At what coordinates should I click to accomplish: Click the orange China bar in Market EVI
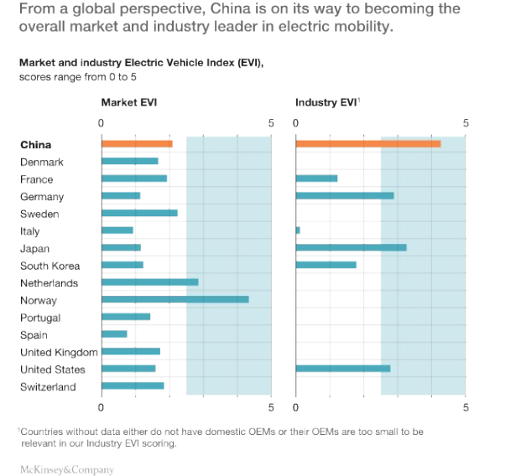click(x=137, y=144)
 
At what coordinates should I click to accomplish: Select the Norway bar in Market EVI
click(x=175, y=299)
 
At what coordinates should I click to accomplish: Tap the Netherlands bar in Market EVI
click(x=149, y=282)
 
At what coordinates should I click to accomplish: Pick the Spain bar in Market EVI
click(x=114, y=334)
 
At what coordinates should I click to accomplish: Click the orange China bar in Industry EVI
click(x=367, y=144)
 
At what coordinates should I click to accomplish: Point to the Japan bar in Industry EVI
click(x=351, y=247)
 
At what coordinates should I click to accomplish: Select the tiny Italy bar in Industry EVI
click(x=298, y=230)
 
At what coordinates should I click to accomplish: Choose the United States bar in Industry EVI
click(x=342, y=368)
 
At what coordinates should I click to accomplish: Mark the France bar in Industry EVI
click(x=316, y=178)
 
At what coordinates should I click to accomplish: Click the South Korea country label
click(x=50, y=266)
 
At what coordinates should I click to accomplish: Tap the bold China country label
click(x=35, y=145)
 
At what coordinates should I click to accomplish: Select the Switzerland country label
click(x=48, y=386)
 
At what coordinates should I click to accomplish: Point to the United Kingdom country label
click(x=59, y=352)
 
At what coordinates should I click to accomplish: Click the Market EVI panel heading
click(x=129, y=102)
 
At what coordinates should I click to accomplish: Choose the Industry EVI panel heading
click(x=326, y=102)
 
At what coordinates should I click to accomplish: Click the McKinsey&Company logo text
click(x=66, y=469)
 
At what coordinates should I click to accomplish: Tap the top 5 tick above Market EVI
click(x=271, y=123)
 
